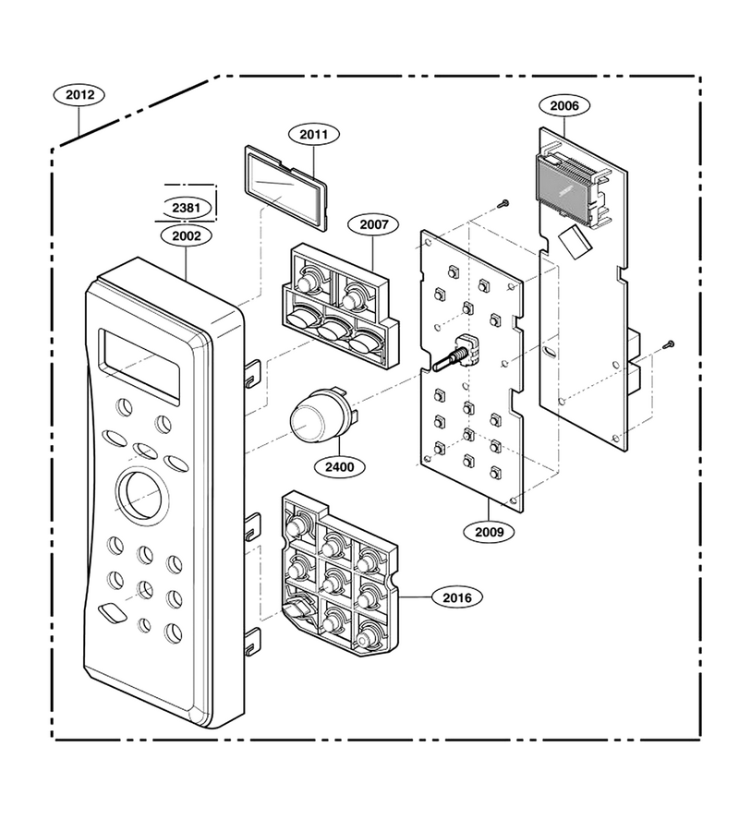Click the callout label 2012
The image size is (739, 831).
click(x=79, y=95)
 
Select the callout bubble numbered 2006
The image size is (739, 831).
click(x=564, y=105)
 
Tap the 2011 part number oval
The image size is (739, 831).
click(x=314, y=135)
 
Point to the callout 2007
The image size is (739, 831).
click(x=374, y=224)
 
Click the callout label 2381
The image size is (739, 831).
click(x=186, y=208)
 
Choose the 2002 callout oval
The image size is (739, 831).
click(x=187, y=235)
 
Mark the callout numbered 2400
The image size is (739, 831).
click(x=339, y=467)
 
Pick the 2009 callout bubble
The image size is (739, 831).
click(x=489, y=531)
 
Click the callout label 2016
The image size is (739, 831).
click(x=457, y=597)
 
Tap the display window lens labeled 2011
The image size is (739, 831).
click(x=285, y=188)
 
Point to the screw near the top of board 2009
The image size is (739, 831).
click(x=503, y=202)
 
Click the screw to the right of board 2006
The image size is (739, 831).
click(x=669, y=344)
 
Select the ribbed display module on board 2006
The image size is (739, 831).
click(x=564, y=188)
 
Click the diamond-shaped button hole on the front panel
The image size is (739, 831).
click(x=113, y=612)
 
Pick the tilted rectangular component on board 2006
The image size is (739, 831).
click(x=575, y=242)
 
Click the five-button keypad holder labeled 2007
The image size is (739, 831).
click(x=341, y=306)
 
